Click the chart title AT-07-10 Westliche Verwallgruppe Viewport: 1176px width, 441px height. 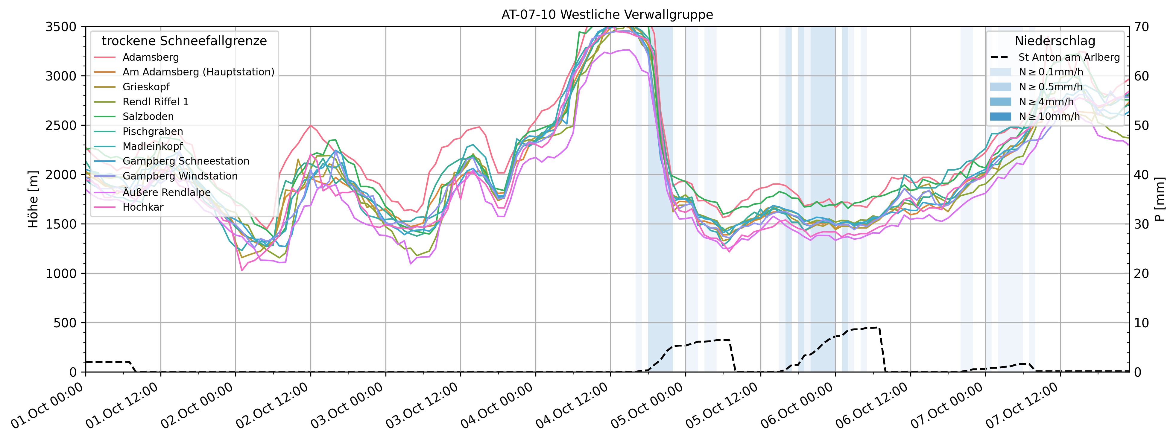tap(607, 15)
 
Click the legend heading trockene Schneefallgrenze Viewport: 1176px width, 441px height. tap(184, 41)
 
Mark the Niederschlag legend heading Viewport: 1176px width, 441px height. tap(1055, 41)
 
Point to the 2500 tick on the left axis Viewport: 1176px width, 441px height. tap(61, 126)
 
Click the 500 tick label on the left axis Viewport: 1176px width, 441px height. tap(66, 323)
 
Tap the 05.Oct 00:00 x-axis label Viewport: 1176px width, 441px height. tap(647, 405)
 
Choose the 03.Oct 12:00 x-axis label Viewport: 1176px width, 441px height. tap(422, 405)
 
